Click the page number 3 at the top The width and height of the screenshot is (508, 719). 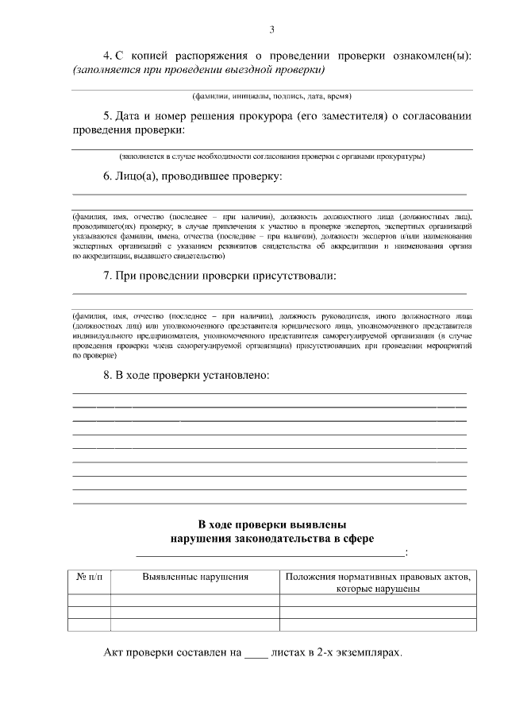point(271,30)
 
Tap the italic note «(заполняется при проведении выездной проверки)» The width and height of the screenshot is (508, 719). point(198,70)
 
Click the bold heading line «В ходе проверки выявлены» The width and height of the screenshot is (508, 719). point(271,525)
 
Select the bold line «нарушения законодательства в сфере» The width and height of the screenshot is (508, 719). point(271,539)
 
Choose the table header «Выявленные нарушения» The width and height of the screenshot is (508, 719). point(195,577)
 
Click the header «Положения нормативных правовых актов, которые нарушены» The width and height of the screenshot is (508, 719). point(377,582)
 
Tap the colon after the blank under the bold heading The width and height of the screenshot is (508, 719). point(406,552)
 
